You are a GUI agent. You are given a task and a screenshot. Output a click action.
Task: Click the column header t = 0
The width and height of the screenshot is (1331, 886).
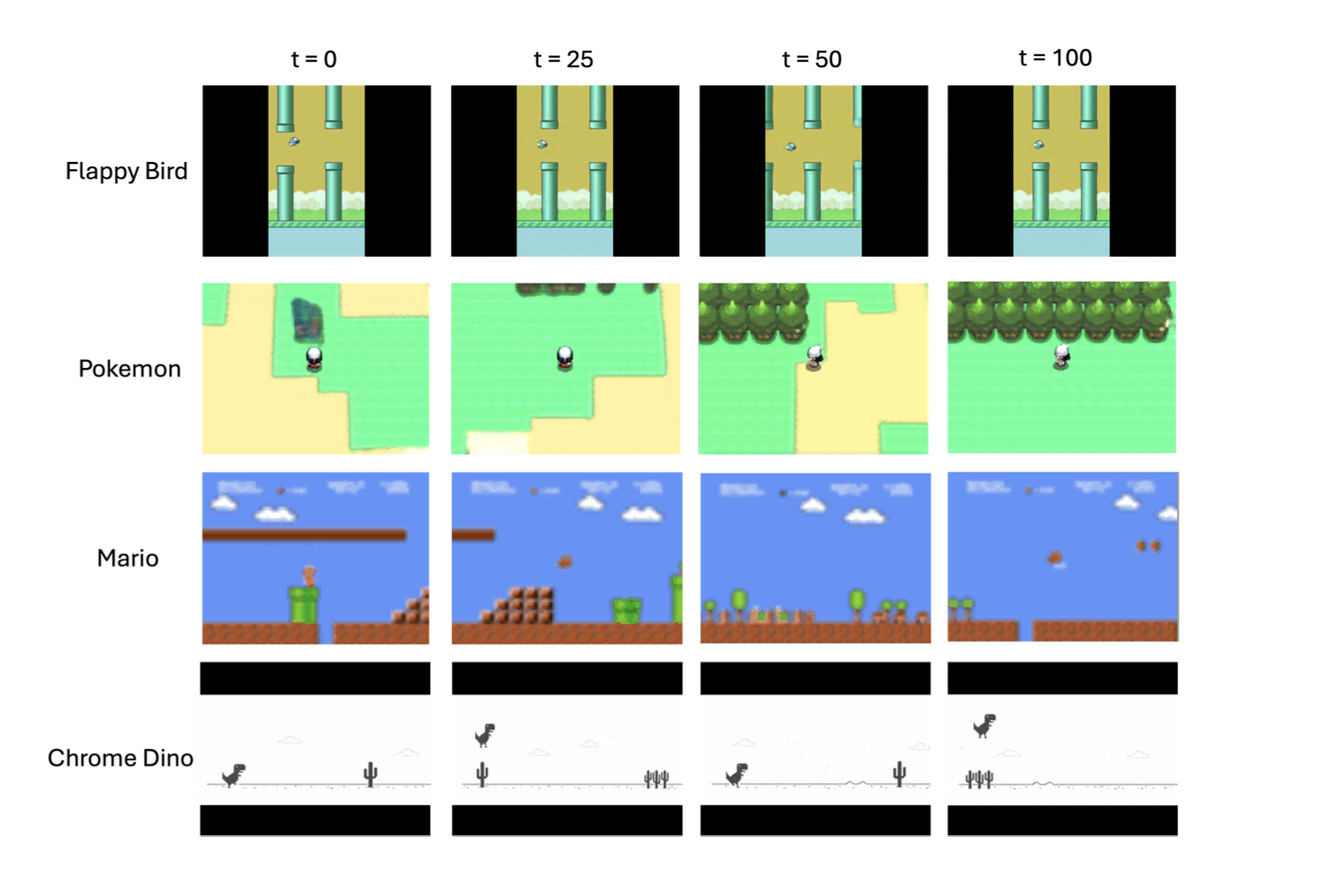(314, 59)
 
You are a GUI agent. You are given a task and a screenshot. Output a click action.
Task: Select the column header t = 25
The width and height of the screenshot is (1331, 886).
(563, 59)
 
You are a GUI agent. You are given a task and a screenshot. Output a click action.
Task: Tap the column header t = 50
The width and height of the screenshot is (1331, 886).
(811, 59)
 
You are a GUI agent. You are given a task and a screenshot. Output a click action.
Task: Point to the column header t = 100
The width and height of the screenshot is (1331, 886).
(1055, 58)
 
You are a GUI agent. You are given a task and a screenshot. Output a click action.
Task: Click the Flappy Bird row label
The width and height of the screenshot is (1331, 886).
(126, 171)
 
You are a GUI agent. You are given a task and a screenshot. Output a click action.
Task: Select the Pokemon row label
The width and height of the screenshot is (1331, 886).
(129, 369)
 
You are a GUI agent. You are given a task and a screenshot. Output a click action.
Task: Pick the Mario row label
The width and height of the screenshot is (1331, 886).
(128, 558)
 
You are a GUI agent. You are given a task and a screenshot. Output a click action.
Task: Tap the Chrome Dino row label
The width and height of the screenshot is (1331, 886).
(120, 758)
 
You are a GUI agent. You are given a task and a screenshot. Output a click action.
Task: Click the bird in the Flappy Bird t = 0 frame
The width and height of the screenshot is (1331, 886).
(294, 141)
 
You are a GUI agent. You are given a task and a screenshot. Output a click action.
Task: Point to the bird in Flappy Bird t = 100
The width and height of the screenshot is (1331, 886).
(1039, 145)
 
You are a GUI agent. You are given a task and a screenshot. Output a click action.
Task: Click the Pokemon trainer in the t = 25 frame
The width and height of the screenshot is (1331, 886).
(565, 357)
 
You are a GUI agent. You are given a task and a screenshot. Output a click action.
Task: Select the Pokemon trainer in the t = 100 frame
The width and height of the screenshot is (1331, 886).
(1062, 357)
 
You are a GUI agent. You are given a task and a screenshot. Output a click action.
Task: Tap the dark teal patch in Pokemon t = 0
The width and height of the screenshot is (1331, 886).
(306, 319)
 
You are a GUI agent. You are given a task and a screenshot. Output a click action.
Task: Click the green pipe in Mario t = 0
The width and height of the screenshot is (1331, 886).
(303, 604)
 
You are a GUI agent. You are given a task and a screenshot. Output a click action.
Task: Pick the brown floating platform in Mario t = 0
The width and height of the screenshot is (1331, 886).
(303, 535)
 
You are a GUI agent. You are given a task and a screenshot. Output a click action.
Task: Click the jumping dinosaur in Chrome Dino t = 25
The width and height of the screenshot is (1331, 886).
(485, 735)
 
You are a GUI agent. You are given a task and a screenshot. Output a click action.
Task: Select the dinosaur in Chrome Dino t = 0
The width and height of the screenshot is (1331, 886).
(234, 775)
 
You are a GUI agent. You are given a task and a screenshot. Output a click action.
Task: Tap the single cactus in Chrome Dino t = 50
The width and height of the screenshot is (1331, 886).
(899, 773)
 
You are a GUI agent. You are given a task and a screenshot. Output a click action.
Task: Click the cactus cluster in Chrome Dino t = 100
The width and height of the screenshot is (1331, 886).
(979, 779)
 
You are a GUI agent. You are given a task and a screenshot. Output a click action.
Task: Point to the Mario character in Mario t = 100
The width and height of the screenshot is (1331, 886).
(1055, 558)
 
